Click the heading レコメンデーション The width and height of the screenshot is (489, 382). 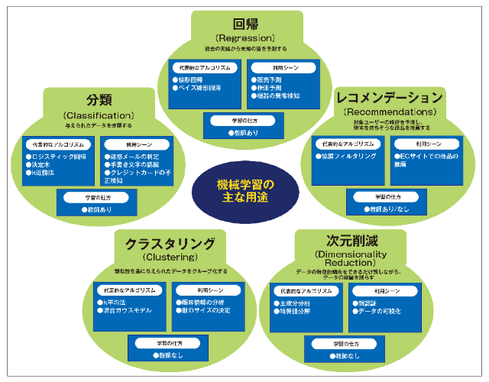tap(390, 98)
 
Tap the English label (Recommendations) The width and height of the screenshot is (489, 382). tap(390, 112)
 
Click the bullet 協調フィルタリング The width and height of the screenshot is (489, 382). tap(348, 157)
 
